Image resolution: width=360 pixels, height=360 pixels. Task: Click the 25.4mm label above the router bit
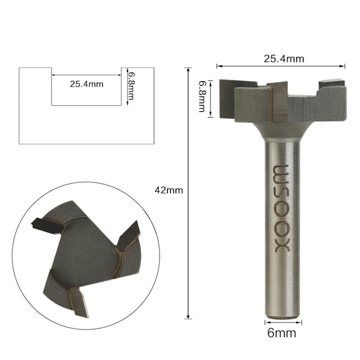coord(283,58)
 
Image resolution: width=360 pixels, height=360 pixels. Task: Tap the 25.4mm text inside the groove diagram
coord(86,84)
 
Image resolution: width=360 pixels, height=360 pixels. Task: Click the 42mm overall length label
coord(168,190)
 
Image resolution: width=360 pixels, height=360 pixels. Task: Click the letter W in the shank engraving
coord(283,172)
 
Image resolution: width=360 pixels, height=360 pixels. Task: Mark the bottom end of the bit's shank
coord(283,315)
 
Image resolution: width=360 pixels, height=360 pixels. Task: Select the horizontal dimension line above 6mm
coord(283,322)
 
